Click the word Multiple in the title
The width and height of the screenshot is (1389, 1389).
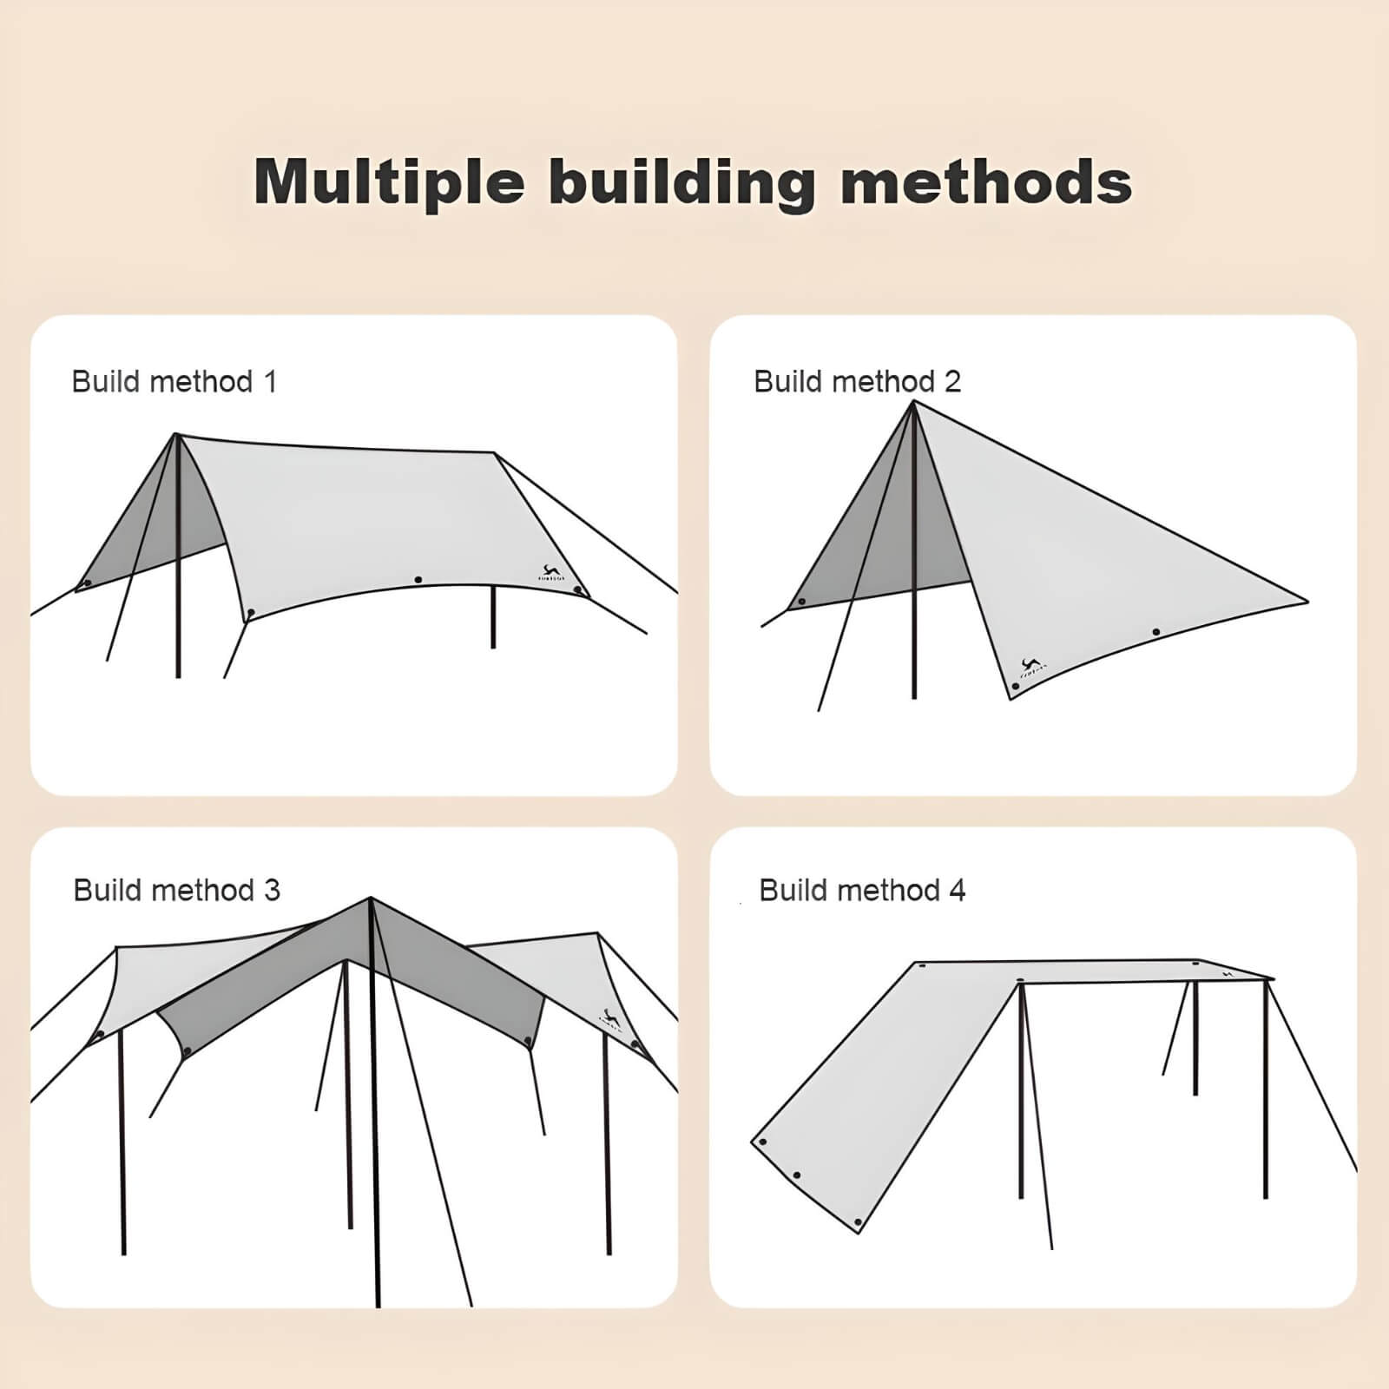[389, 182]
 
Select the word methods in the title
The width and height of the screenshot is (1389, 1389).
[986, 182]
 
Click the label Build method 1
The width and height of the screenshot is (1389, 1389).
[174, 382]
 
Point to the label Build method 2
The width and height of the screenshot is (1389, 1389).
[857, 382]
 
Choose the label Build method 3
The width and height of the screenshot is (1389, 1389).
[176, 891]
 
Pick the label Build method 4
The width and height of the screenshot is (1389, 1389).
[861, 891]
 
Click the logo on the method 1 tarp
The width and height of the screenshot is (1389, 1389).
[550, 574]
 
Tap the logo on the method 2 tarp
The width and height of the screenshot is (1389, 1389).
[1031, 668]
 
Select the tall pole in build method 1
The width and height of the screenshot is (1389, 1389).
[178, 564]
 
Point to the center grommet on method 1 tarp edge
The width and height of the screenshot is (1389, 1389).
[418, 579]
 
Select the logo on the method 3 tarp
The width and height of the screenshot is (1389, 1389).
[610, 1018]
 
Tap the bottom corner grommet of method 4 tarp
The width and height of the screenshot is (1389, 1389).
[858, 1222]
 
